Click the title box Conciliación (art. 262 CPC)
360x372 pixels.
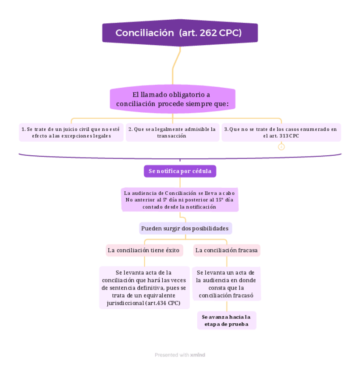(180, 33)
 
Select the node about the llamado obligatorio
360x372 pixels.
(172, 100)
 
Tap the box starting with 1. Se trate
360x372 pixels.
(71, 132)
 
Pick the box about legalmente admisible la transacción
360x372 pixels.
(172, 132)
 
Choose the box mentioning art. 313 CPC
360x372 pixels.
(281, 132)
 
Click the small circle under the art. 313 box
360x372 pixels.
(282, 147)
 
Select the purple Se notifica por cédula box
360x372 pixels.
(180, 171)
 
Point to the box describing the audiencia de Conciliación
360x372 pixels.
(180, 200)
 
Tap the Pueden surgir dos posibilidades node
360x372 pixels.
(185, 229)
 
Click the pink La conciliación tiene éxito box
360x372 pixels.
(144, 250)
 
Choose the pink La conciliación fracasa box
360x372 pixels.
(227, 250)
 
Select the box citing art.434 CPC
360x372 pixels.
(144, 288)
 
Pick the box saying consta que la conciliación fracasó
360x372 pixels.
(227, 284)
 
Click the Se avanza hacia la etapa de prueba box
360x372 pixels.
(226, 320)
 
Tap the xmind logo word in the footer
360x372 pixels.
(198, 355)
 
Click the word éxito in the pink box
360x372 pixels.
(172, 250)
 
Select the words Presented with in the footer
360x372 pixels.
(172, 355)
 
